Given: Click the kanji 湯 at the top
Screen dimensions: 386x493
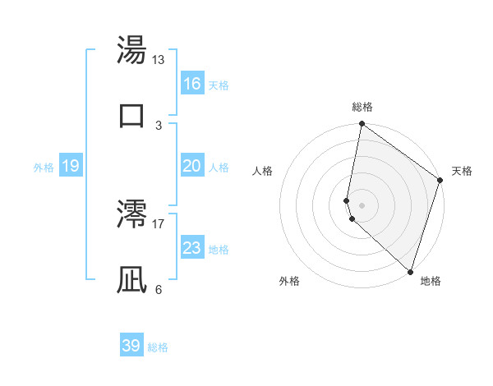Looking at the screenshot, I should pyautogui.click(x=131, y=51).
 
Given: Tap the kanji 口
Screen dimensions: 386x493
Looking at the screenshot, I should pyautogui.click(x=131, y=116).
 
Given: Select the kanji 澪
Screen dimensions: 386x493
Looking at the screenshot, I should pyautogui.click(x=131, y=214).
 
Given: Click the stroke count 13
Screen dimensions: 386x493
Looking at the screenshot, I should pyautogui.click(x=159, y=60).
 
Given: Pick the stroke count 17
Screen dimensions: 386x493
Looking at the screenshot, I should pyautogui.click(x=159, y=223).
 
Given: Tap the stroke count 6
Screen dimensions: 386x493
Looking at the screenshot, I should pyautogui.click(x=159, y=289).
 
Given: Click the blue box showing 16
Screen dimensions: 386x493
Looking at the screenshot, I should pyautogui.click(x=192, y=84).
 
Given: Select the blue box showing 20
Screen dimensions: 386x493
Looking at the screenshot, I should pyautogui.click(x=192, y=166).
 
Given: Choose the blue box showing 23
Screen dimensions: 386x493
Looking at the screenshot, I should pyautogui.click(x=192, y=248).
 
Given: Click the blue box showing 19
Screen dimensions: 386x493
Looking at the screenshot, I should pyautogui.click(x=71, y=167).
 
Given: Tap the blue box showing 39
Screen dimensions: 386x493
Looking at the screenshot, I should pyautogui.click(x=131, y=346).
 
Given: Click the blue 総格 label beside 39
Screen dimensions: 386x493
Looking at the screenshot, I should pyautogui.click(x=159, y=347).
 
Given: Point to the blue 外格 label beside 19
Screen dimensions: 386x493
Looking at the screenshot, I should pyautogui.click(x=44, y=168).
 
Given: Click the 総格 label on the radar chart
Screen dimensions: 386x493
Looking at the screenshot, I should pyautogui.click(x=362, y=107).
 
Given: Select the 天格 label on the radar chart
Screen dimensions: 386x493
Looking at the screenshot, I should pyautogui.click(x=462, y=171).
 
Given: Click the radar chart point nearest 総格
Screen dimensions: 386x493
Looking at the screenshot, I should pyautogui.click(x=362, y=125).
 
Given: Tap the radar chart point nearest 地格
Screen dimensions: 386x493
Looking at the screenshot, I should pyautogui.click(x=410, y=271).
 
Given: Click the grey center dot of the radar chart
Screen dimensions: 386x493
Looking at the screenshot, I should pyautogui.click(x=362, y=204).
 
